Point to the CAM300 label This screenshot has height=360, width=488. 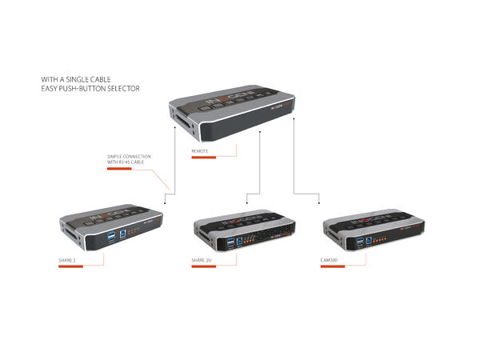click(x=329, y=260)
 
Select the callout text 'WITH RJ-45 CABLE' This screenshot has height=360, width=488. click(x=129, y=162)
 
